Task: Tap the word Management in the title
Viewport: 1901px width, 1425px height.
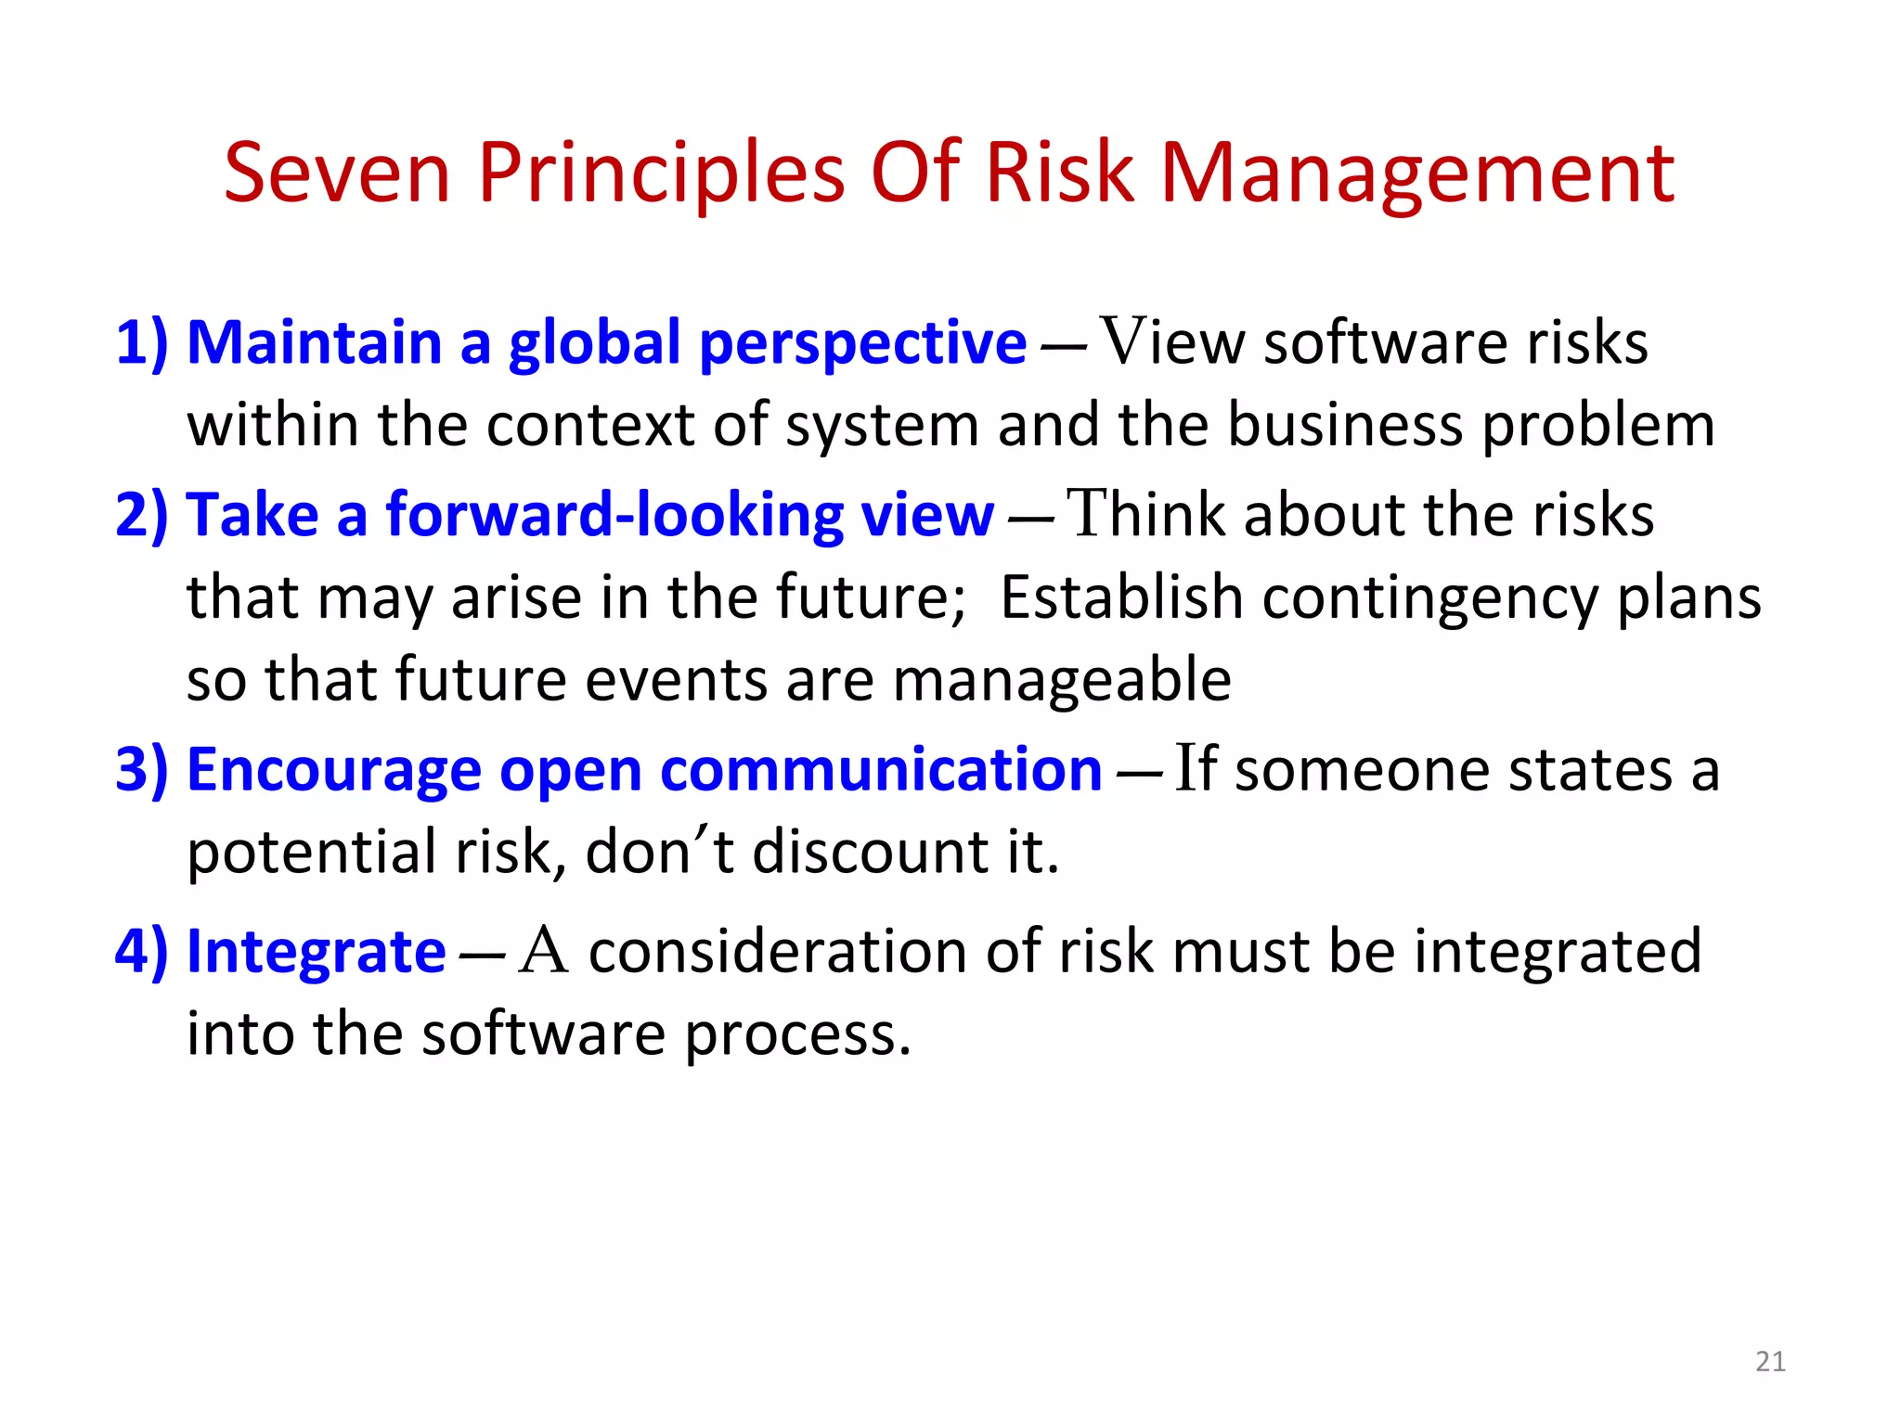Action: (x=1417, y=174)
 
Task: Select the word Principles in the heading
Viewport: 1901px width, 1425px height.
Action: (x=661, y=174)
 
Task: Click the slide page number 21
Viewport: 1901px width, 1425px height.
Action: (x=1770, y=1361)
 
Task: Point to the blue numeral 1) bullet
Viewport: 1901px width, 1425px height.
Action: (x=142, y=342)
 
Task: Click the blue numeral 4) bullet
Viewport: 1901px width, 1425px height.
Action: (x=142, y=952)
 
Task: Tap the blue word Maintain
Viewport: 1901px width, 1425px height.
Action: (x=314, y=342)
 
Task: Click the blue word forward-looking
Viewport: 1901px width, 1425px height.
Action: (x=614, y=515)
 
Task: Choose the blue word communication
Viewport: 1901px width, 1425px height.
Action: (x=881, y=770)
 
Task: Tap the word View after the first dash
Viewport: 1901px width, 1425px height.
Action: (x=1172, y=342)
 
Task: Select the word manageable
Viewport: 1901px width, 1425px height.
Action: (x=1061, y=681)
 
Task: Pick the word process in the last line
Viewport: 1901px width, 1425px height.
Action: (x=797, y=1035)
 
